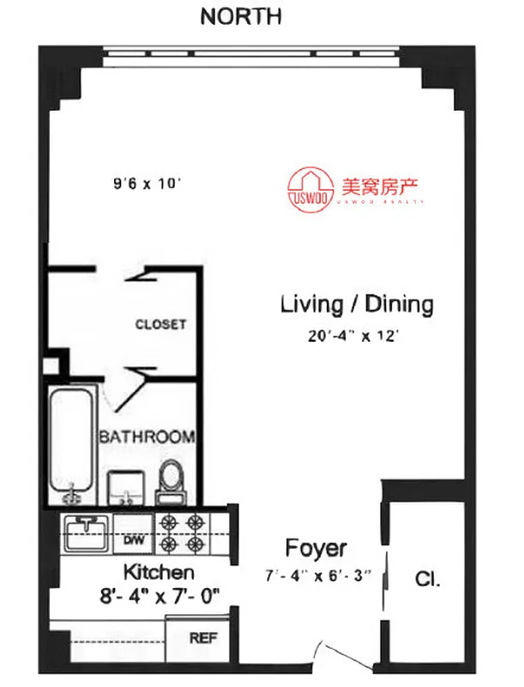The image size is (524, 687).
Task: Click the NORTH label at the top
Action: point(240,16)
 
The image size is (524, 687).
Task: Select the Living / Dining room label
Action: point(357,304)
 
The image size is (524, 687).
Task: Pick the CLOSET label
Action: point(160,325)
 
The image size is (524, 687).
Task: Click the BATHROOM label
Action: point(147,437)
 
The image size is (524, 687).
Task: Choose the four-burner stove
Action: point(182,532)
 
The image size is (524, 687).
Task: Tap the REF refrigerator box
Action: point(203,639)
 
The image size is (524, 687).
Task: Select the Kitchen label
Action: point(160,572)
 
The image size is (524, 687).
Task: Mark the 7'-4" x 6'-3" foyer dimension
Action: point(316,575)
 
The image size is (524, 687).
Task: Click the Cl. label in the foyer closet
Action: point(428,580)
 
